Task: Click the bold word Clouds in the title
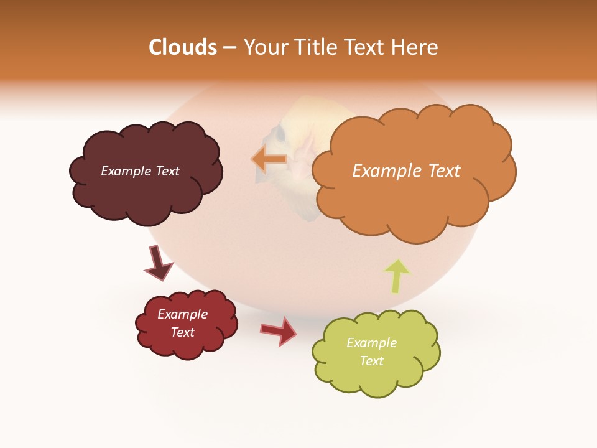point(183,47)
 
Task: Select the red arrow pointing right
point(279,330)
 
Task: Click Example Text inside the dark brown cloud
point(140,171)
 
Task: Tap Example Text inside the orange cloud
point(406,171)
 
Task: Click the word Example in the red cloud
point(182,314)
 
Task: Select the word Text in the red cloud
point(183,332)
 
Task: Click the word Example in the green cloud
point(371,343)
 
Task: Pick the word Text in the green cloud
point(371,361)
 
